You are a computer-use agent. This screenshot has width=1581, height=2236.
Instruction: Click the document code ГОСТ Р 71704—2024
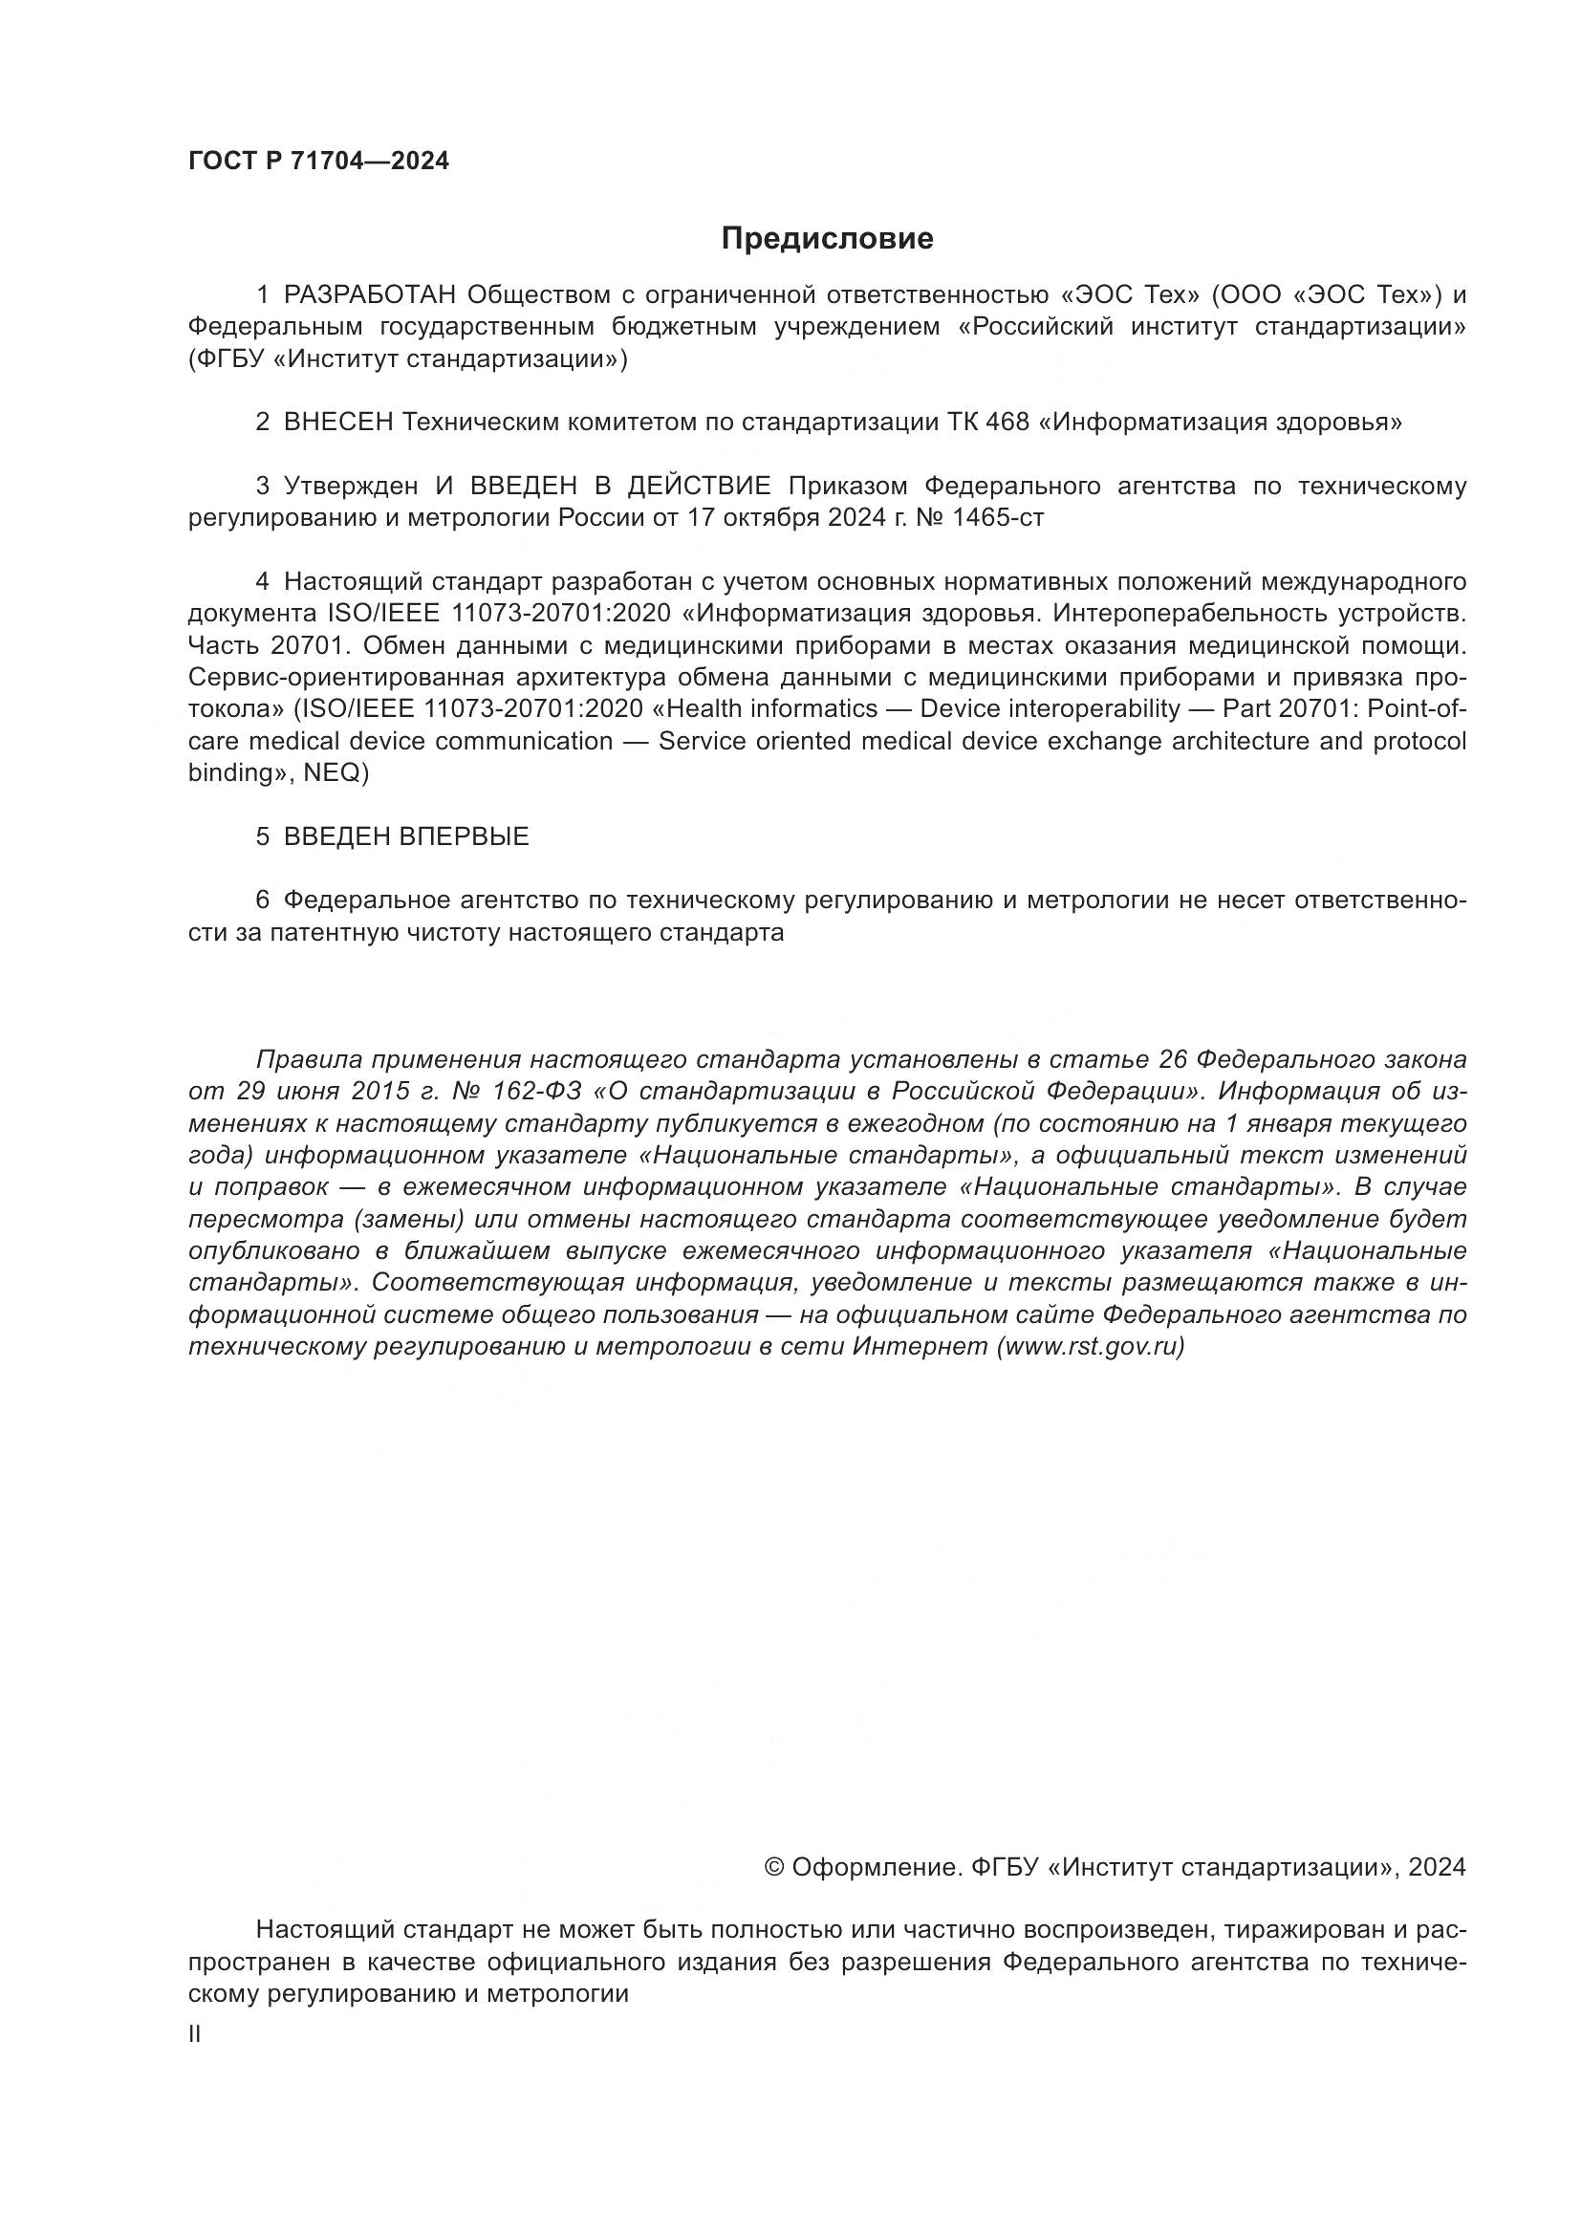pos(318,162)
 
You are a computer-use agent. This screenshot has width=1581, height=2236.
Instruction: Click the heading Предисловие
pos(827,239)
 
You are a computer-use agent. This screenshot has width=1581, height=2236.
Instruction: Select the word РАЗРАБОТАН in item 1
pos(369,294)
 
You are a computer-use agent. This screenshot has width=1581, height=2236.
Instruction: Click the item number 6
pos(262,900)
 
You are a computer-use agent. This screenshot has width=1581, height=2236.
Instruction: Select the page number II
pos(195,2033)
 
